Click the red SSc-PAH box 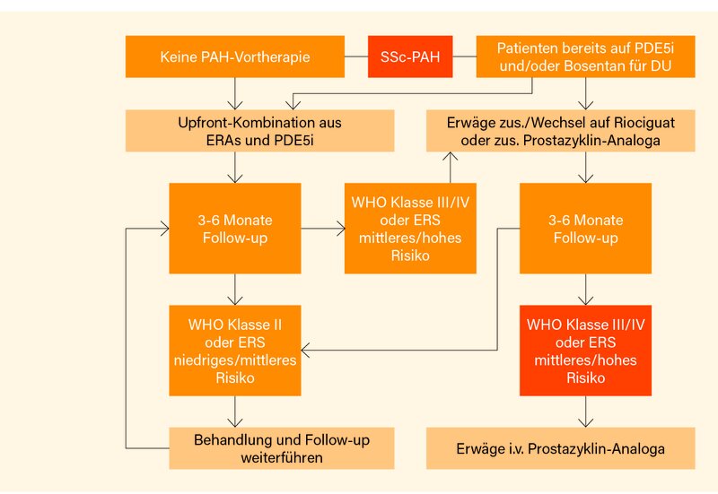click(409, 56)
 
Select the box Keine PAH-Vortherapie click(235, 56)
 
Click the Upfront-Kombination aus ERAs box click(259, 130)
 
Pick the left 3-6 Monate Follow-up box click(236, 228)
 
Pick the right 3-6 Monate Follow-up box click(585, 228)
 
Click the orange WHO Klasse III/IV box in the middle click(411, 228)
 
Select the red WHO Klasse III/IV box click(585, 350)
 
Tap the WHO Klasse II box click(236, 350)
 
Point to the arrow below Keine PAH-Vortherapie click(236, 92)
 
